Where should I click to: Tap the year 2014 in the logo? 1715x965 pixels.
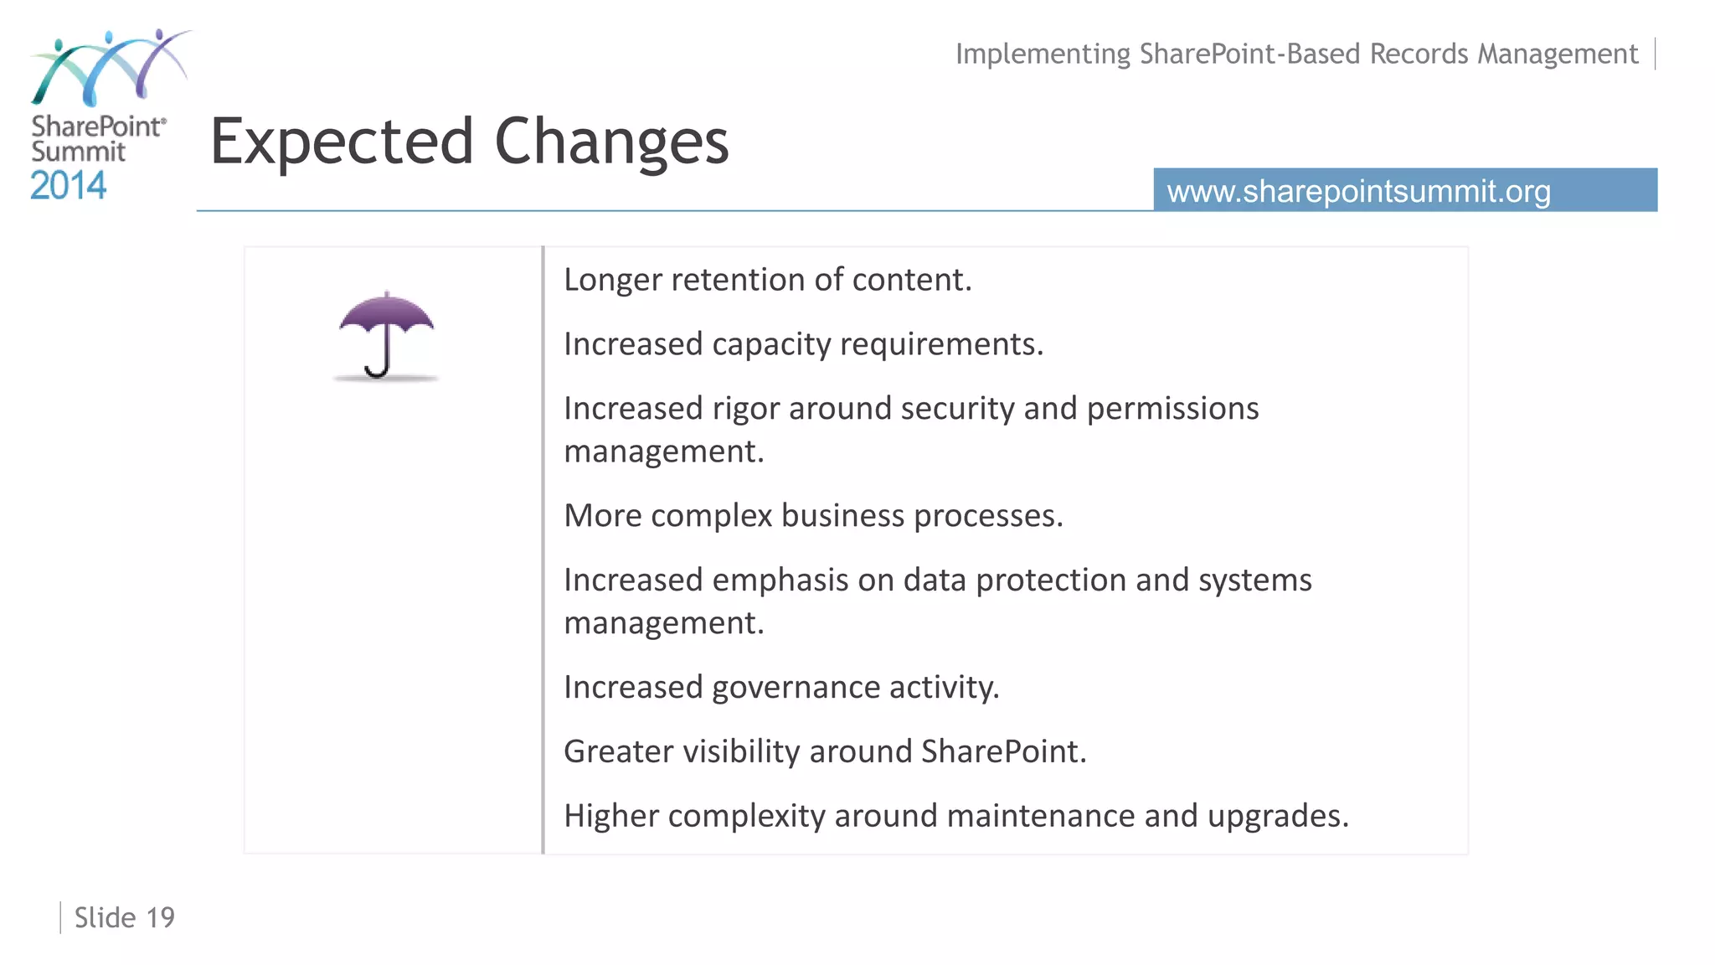tap(69, 186)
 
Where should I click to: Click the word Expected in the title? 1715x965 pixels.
tap(342, 142)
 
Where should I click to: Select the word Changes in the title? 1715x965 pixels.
tap(611, 142)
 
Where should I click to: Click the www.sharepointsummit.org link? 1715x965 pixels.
tap(1358, 191)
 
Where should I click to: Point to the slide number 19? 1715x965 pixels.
tap(161, 918)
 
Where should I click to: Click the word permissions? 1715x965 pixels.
tap(1172, 409)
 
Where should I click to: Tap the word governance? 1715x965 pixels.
tap(796, 688)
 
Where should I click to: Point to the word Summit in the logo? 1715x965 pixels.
tap(78, 152)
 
